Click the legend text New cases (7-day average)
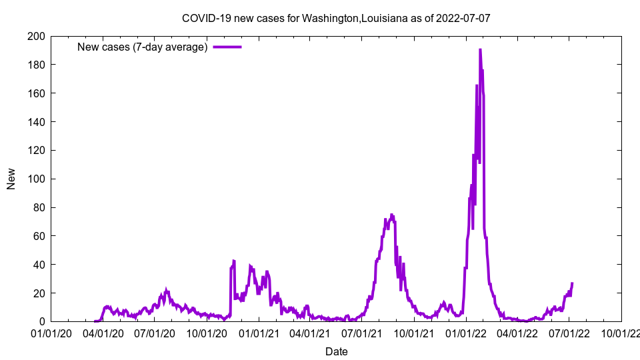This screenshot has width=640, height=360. [x=142, y=47]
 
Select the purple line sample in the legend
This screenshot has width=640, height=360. [x=227, y=47]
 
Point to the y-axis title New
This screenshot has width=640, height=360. [x=11, y=179]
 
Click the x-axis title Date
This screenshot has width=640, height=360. [x=336, y=351]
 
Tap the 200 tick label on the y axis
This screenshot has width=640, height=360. [x=36, y=36]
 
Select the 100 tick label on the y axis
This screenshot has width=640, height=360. [x=36, y=179]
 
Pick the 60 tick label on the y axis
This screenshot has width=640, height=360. [x=39, y=236]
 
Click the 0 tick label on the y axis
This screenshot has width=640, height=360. [x=41, y=322]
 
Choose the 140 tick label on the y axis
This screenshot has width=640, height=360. [x=36, y=122]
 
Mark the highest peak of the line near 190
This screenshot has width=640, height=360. [x=480, y=50]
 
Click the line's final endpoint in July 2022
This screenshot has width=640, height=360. [x=572, y=283]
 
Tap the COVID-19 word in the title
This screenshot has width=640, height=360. [x=205, y=18]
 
